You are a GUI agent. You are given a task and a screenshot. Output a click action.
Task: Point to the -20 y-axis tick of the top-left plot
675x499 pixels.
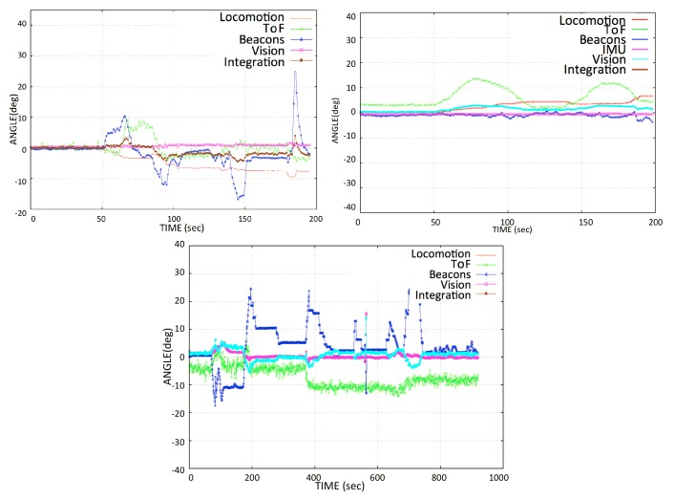click(20, 212)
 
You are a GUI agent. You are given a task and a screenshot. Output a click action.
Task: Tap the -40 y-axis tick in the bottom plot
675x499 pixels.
click(176, 469)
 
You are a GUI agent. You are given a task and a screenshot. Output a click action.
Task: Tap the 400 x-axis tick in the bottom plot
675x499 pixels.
click(315, 478)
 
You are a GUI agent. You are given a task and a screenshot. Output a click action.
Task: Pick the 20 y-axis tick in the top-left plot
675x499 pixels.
click(22, 86)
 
